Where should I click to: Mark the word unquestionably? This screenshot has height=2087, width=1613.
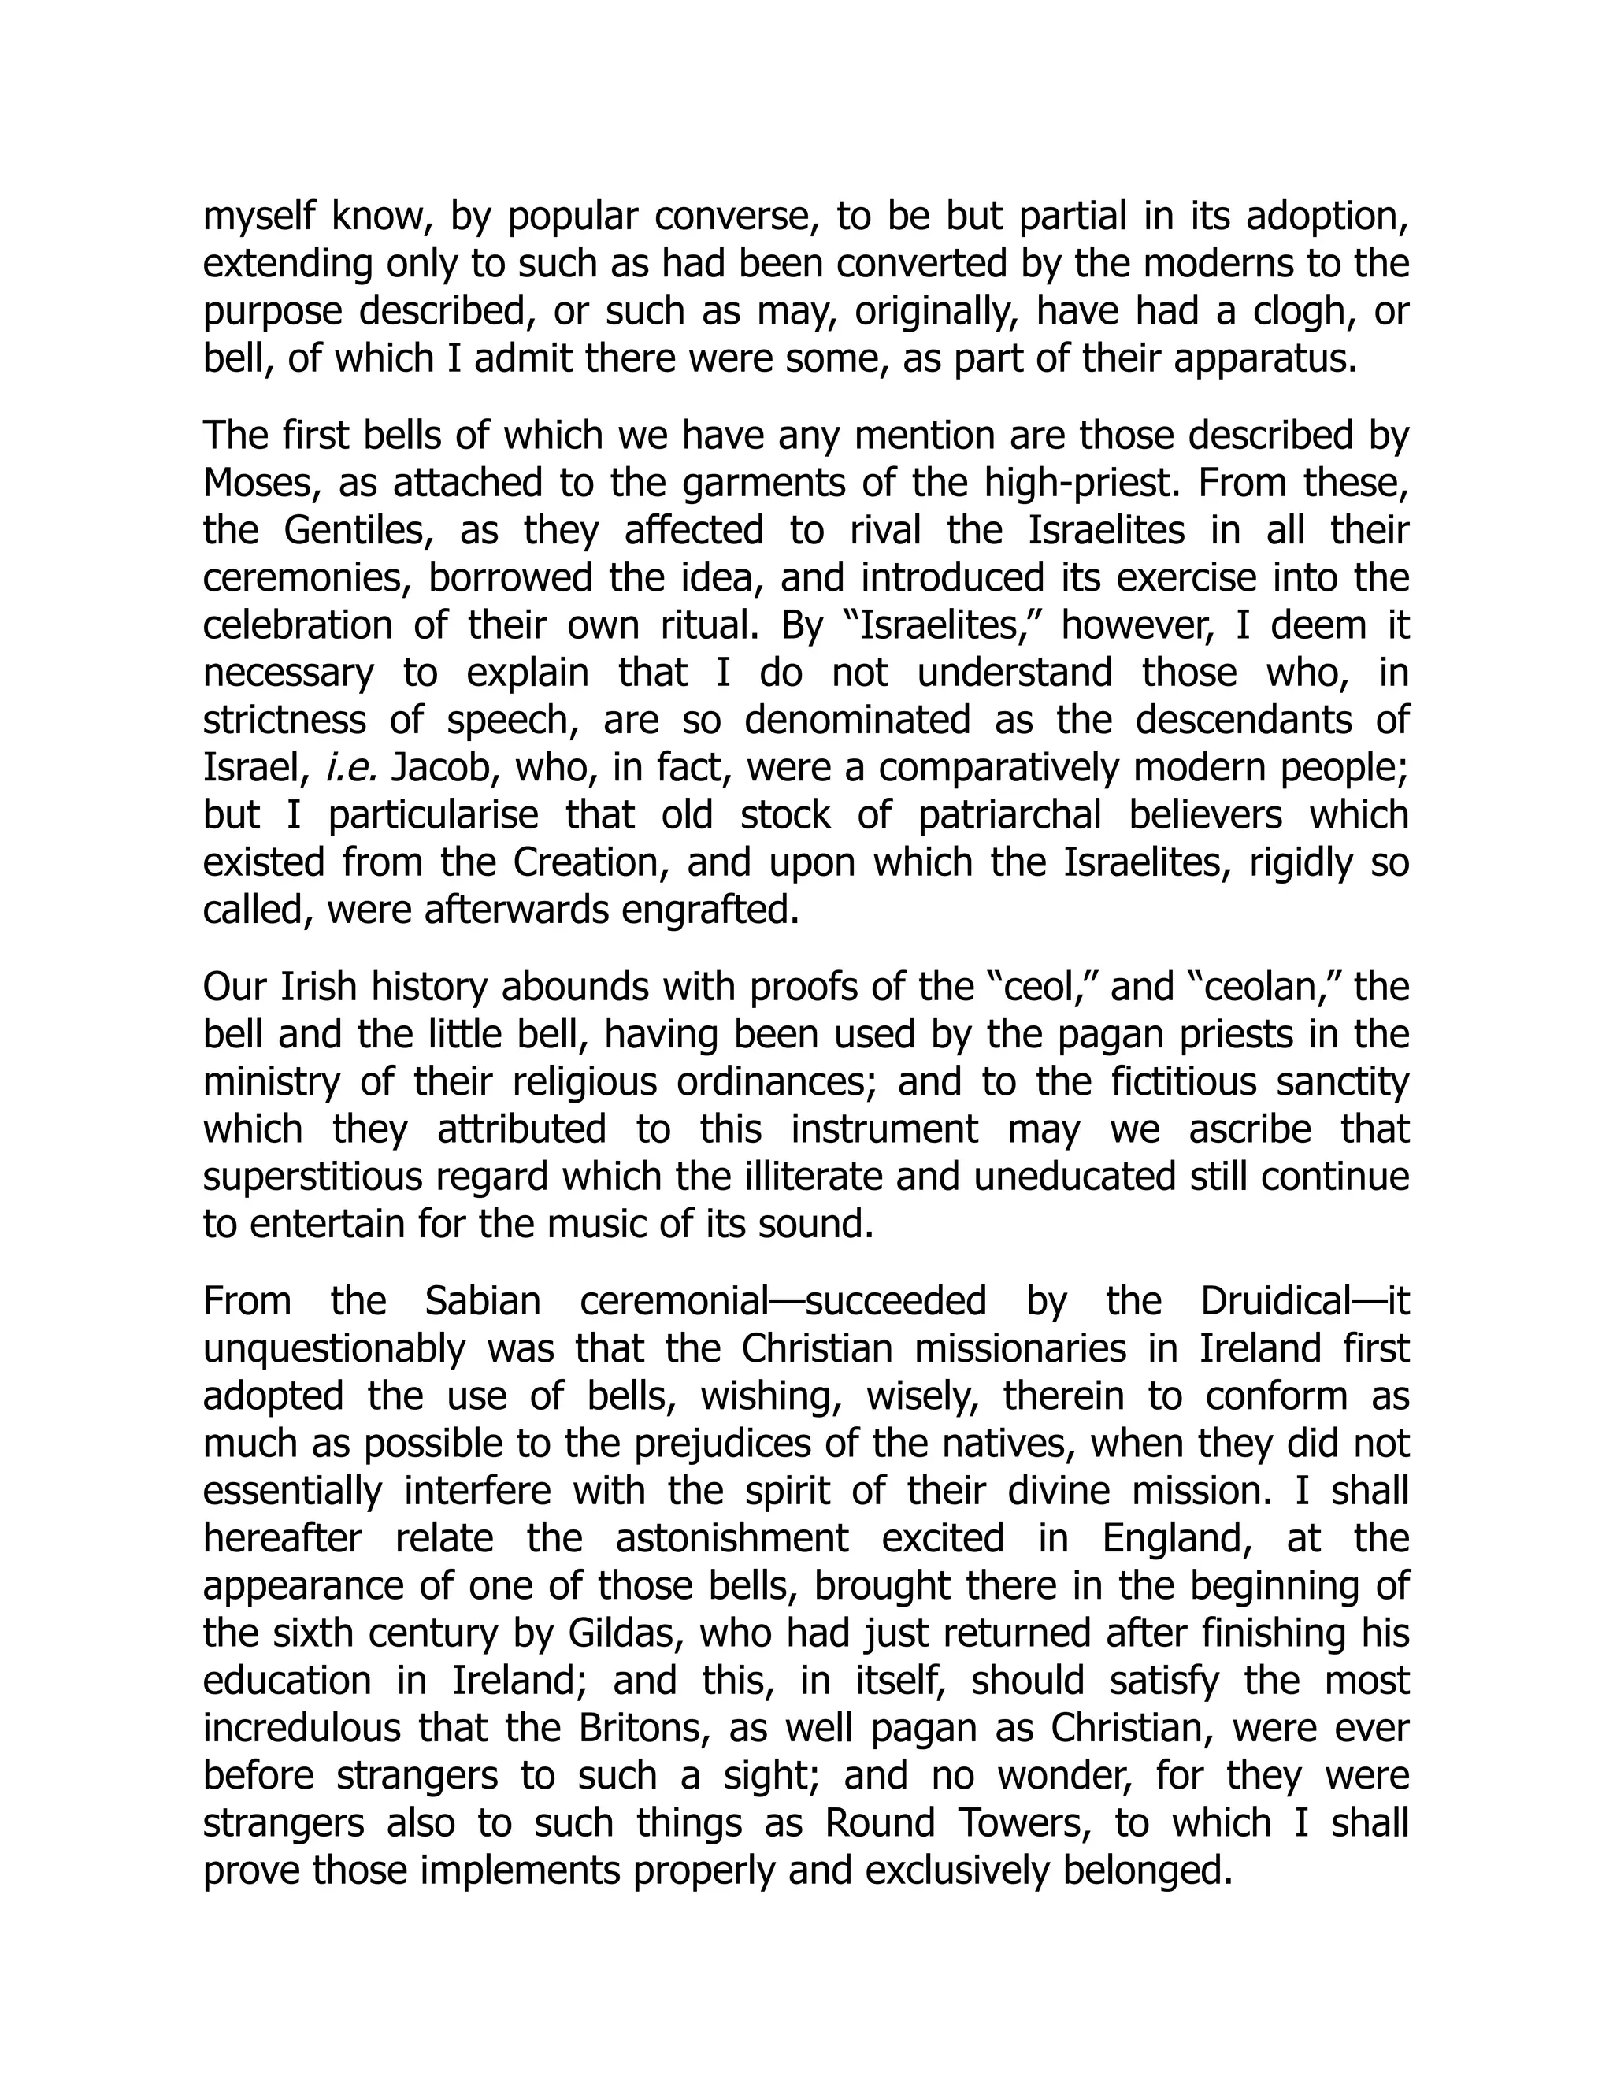click(332, 1349)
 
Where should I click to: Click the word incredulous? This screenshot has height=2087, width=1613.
click(304, 1728)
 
